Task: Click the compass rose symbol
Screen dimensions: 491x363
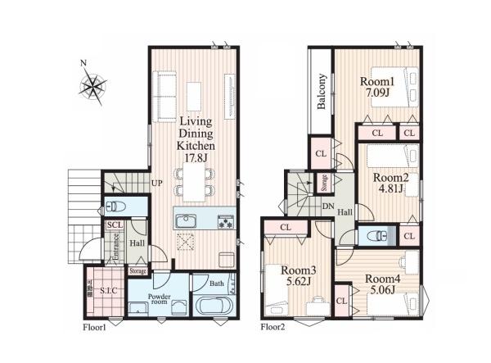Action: pos(92,86)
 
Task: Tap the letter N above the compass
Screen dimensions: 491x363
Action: pos(83,63)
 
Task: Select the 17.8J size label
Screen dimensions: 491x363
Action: pos(196,157)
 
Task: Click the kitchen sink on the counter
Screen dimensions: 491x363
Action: pos(186,221)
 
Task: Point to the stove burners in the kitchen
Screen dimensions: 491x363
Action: pos(226,221)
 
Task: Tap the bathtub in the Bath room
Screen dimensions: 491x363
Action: pos(214,306)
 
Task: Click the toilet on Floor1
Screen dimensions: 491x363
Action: pos(116,206)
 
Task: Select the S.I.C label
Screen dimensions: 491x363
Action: pos(109,291)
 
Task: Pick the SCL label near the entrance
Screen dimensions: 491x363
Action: pos(115,225)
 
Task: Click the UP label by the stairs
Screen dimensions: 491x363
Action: pos(157,183)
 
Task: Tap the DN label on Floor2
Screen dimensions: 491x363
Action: pos(328,206)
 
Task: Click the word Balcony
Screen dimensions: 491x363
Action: pos(322,91)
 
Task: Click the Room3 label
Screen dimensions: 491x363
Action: pos(299,270)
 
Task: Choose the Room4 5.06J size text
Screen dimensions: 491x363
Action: pos(383,290)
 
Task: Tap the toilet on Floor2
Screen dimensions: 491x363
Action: pos(378,236)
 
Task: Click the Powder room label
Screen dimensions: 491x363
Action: pos(159,299)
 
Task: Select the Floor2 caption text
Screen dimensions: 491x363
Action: pos(273,327)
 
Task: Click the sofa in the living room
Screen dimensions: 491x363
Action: pos(164,96)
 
